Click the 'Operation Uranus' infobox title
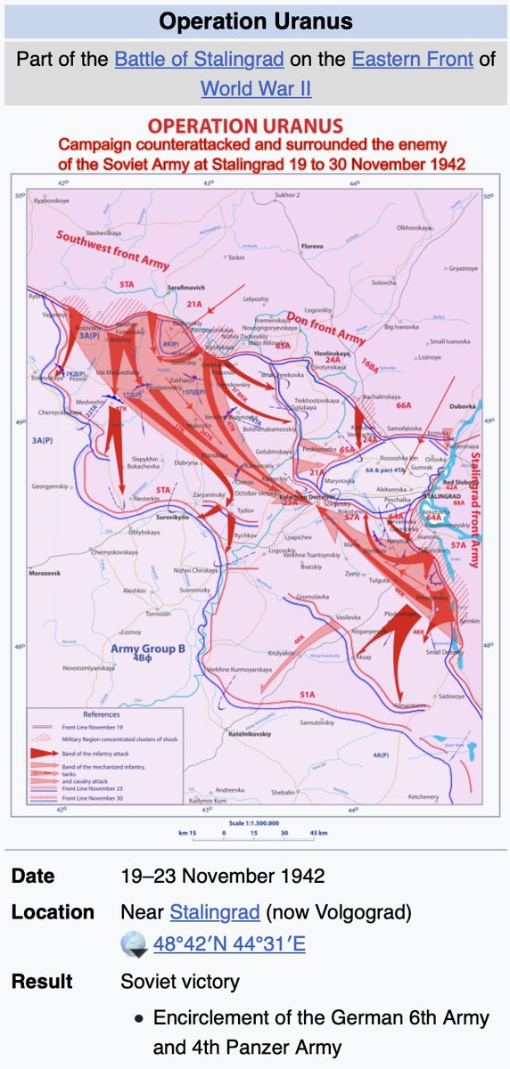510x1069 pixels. [x=255, y=21]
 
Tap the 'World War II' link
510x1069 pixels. [x=255, y=89]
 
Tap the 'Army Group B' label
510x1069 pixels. [x=149, y=649]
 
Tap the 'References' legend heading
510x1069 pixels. [x=101, y=715]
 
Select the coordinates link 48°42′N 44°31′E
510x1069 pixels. [x=229, y=943]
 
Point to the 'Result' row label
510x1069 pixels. [x=42, y=982]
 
